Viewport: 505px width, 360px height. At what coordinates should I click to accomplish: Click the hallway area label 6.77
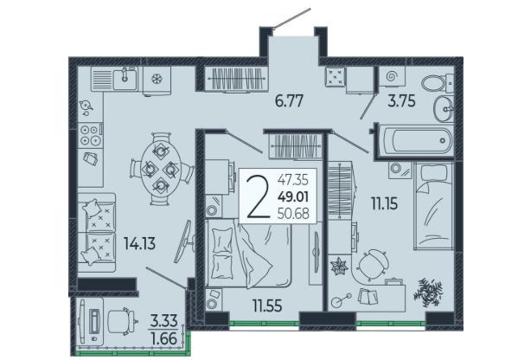pyautogui.click(x=289, y=101)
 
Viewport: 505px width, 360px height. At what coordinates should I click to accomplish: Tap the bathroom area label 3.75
pyautogui.click(x=401, y=101)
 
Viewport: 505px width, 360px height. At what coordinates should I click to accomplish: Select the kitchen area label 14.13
pyautogui.click(x=140, y=243)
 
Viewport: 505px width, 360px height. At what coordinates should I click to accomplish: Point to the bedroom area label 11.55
pyautogui.click(x=267, y=305)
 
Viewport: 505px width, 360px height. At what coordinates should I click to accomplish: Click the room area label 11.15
pyautogui.click(x=384, y=203)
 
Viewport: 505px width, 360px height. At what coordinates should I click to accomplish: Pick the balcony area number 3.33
pyautogui.click(x=164, y=321)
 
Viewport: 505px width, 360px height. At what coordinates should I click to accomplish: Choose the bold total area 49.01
pyautogui.click(x=293, y=196)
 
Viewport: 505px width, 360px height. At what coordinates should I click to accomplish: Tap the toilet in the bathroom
pyautogui.click(x=438, y=83)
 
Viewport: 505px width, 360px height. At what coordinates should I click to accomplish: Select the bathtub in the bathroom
pyautogui.click(x=416, y=141)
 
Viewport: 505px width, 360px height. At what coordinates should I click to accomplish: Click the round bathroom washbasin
pyautogui.click(x=443, y=109)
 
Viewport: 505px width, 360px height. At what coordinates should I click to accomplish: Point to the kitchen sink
pyautogui.click(x=124, y=78)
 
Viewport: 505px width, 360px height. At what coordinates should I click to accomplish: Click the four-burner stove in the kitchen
pyautogui.click(x=90, y=135)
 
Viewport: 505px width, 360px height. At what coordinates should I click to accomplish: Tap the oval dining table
pyautogui.click(x=160, y=168)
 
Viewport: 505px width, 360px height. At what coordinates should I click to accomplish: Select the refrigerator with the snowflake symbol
pyautogui.click(x=157, y=80)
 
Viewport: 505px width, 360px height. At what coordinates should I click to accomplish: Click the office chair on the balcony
pyautogui.click(x=121, y=321)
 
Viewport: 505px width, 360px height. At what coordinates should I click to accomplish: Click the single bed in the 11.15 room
pyautogui.click(x=434, y=206)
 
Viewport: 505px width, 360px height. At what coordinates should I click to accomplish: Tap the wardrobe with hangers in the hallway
pyautogui.click(x=236, y=78)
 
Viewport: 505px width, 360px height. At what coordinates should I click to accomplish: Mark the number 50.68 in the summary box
pyautogui.click(x=293, y=213)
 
